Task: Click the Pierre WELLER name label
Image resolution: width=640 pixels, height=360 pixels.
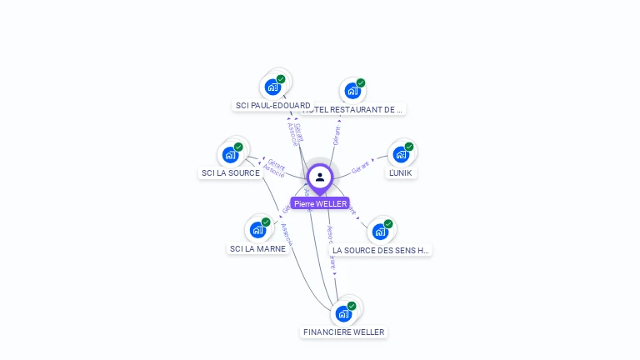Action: click(320, 203)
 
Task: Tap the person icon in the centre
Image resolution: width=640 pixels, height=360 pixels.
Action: click(320, 177)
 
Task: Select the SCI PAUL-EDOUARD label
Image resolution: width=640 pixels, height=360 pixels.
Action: click(272, 106)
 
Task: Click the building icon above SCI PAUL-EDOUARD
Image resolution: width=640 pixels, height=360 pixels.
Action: click(272, 86)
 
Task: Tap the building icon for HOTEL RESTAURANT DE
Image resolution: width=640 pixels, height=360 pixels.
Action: click(352, 90)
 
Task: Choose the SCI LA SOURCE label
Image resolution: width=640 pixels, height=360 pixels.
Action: click(230, 173)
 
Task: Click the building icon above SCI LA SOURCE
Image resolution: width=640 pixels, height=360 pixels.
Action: click(230, 154)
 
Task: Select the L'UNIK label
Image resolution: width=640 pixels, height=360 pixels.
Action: click(401, 173)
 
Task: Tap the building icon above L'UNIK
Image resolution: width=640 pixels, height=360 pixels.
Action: click(401, 154)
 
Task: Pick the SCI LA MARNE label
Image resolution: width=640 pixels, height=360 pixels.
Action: click(257, 248)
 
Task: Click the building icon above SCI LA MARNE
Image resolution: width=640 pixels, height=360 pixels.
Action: click(257, 229)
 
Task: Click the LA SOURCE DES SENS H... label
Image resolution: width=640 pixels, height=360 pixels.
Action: click(380, 250)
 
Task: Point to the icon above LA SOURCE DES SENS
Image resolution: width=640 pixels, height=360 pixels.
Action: click(380, 231)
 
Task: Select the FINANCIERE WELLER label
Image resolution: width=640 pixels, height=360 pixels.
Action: click(343, 332)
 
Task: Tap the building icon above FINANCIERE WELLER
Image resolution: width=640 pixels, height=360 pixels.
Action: click(342, 313)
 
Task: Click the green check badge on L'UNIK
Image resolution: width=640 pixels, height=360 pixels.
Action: click(409, 147)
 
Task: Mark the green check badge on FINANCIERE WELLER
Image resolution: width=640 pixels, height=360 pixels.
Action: click(352, 306)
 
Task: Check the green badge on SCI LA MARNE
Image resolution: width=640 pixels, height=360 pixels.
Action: click(266, 222)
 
